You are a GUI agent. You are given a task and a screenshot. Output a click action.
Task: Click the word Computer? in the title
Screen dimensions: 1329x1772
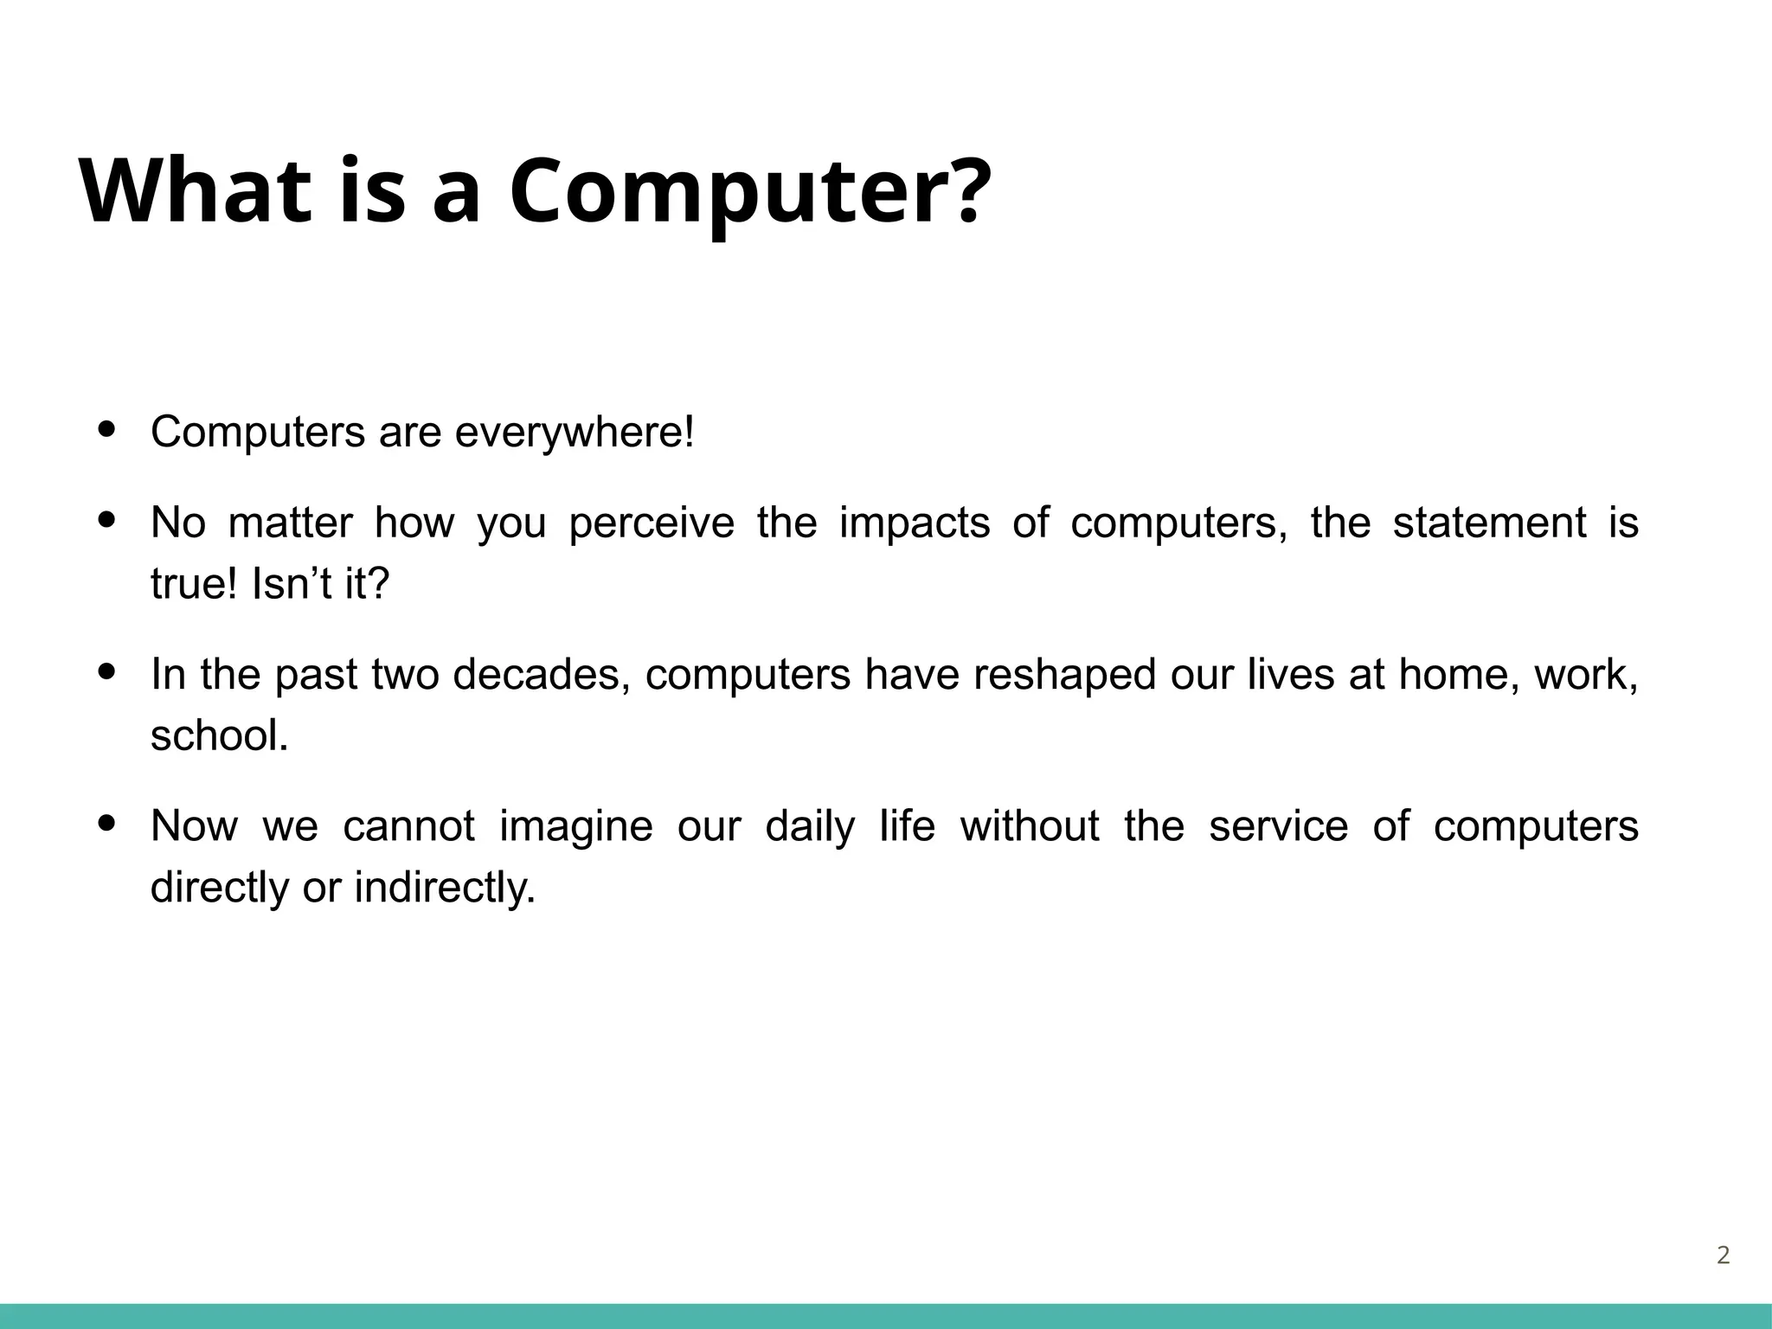(x=749, y=192)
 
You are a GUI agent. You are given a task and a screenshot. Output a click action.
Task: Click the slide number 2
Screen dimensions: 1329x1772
(x=1723, y=1255)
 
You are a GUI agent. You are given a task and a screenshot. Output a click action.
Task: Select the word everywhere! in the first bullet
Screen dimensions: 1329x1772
(x=575, y=432)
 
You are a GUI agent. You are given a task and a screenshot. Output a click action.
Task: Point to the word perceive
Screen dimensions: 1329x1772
(x=651, y=523)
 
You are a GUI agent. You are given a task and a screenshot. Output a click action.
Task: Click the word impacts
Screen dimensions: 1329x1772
(x=914, y=523)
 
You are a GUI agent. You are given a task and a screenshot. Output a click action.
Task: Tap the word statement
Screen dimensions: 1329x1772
(x=1489, y=523)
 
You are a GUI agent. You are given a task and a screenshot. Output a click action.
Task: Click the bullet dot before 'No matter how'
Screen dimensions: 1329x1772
(x=107, y=520)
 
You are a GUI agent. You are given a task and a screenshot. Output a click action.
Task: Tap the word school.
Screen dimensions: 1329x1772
(x=219, y=736)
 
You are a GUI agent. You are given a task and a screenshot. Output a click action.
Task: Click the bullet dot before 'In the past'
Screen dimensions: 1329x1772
(x=107, y=671)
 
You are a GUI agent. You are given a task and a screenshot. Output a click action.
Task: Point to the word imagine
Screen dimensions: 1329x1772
(x=575, y=826)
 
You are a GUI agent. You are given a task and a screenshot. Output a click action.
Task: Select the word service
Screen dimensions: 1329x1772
(x=1278, y=826)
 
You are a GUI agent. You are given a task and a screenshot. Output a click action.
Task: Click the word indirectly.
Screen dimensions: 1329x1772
(x=445, y=888)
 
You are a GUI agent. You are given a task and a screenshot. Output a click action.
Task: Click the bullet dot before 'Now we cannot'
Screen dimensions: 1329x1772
(x=107, y=823)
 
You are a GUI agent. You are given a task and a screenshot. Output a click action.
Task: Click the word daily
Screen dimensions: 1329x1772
(x=809, y=826)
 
